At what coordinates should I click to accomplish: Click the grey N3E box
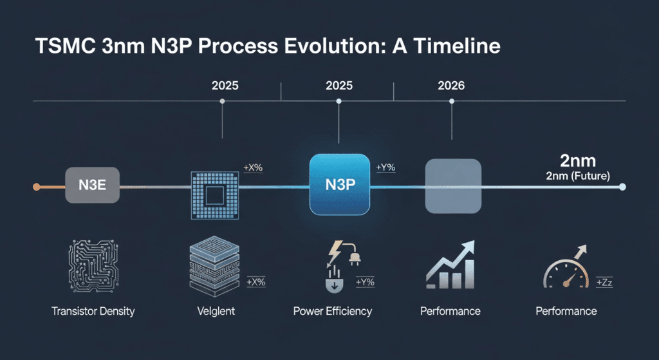(92, 185)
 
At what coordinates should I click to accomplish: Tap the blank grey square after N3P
(453, 185)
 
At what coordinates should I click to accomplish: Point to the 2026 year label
(451, 85)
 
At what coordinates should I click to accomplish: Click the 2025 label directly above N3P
(339, 85)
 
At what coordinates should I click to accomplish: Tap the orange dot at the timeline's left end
(37, 187)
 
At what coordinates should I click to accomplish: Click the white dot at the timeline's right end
(622, 187)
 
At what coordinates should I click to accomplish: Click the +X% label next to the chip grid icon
(252, 168)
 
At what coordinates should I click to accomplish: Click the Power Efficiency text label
(332, 311)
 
